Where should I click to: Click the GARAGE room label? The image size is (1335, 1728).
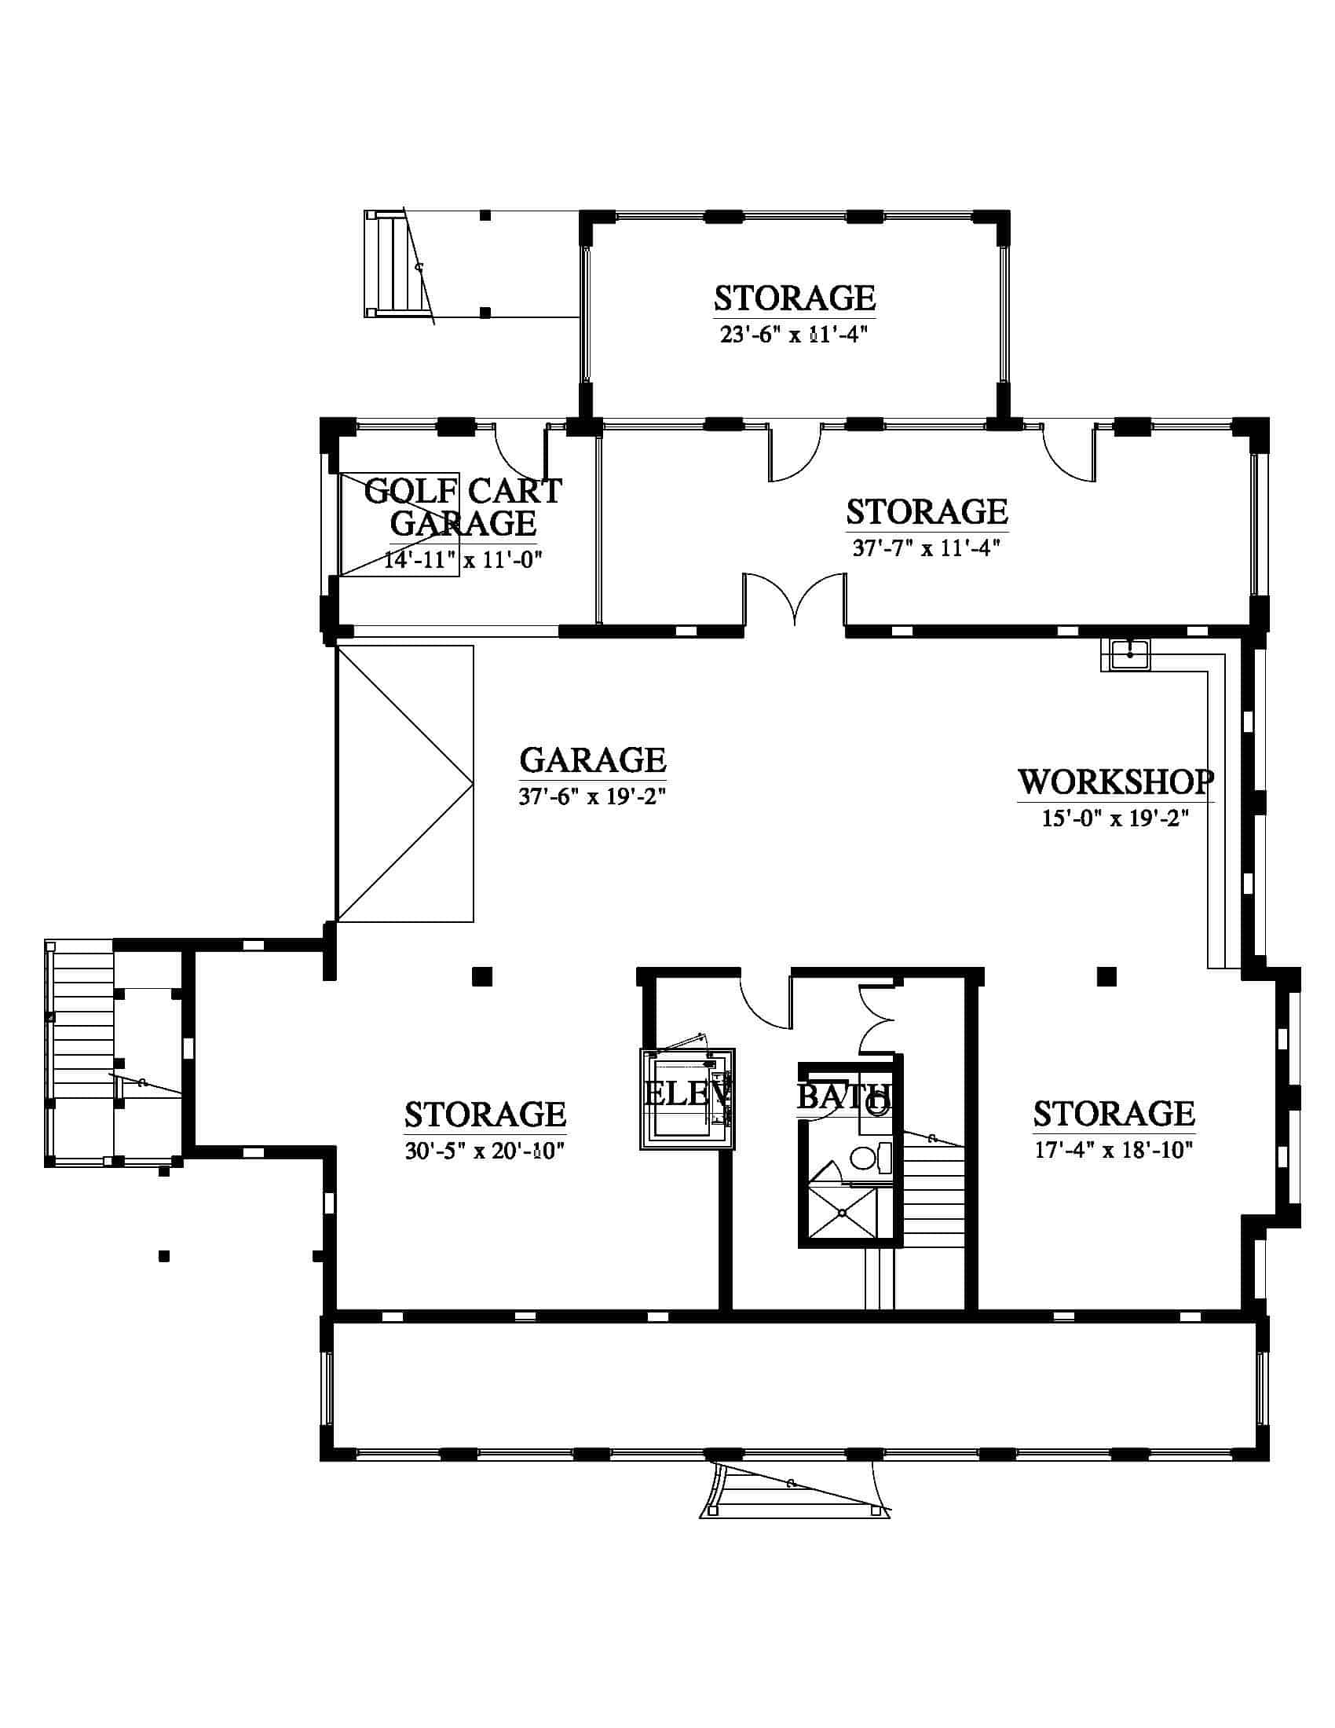tap(593, 760)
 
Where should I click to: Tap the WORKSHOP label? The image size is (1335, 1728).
tap(1115, 782)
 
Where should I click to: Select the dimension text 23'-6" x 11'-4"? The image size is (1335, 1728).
tap(794, 335)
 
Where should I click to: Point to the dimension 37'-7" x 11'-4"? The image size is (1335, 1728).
tap(927, 547)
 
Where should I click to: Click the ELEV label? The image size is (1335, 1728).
tap(686, 1094)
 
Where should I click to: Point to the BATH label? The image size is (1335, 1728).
tap(844, 1096)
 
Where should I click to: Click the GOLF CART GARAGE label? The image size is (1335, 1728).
tap(463, 507)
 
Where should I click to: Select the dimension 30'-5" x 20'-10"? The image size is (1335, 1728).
tap(485, 1151)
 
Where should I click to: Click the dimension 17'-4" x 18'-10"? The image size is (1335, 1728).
tap(1114, 1150)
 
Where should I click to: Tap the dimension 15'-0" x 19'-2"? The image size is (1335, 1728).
tap(1115, 818)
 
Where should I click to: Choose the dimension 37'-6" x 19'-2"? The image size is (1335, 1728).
tap(593, 796)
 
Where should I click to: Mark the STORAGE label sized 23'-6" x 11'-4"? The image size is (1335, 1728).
tap(795, 298)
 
